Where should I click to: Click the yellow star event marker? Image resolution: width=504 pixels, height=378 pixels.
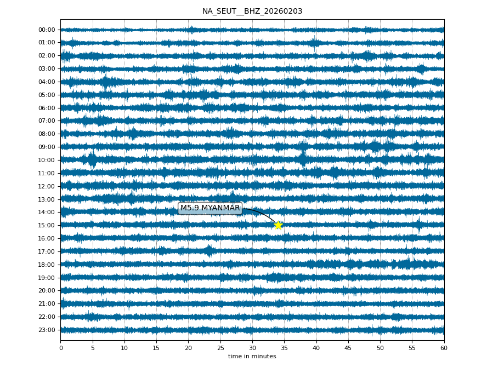click(278, 225)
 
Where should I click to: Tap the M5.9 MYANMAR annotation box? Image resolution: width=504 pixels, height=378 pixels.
click(210, 208)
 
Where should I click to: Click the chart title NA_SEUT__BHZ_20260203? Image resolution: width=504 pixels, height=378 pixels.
click(252, 11)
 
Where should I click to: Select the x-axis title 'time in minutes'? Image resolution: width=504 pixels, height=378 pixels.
click(252, 357)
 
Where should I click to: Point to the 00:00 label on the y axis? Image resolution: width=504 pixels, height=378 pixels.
click(47, 30)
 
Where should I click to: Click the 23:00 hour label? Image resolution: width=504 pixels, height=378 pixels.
click(47, 330)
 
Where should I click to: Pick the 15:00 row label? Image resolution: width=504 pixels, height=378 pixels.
click(47, 225)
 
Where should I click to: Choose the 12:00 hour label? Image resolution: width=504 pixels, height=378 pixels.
click(47, 186)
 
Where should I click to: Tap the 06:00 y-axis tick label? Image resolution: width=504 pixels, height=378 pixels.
click(47, 108)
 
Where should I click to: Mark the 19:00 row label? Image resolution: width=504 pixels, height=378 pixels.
click(47, 278)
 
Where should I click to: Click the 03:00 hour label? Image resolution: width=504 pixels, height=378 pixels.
click(47, 68)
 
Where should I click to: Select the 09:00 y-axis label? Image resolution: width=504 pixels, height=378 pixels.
click(47, 147)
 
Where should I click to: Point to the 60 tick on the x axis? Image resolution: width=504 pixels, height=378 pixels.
click(444, 347)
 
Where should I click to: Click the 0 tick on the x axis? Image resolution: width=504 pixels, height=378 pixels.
click(61, 347)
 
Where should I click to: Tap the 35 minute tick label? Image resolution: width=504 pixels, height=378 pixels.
click(284, 347)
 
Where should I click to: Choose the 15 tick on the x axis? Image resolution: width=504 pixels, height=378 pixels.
click(156, 347)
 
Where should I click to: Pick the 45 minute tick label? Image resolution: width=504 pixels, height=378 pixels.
click(348, 347)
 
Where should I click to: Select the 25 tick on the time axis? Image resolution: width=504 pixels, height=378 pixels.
click(220, 347)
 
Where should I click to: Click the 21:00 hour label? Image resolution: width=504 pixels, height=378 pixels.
click(47, 303)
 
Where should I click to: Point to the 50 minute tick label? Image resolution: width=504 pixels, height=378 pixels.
click(380, 347)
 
